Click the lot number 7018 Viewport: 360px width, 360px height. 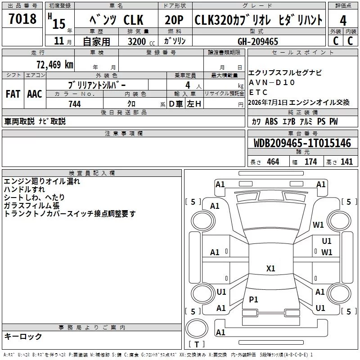(x=22, y=19)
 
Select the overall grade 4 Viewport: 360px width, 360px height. (x=343, y=21)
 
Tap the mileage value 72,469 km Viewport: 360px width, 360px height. (x=55, y=64)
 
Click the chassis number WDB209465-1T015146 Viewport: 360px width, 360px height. (x=302, y=143)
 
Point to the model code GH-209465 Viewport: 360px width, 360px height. (x=258, y=41)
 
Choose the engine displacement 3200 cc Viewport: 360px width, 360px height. (x=141, y=41)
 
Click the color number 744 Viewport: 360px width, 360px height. (x=75, y=104)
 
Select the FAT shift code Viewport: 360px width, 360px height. (x=13, y=94)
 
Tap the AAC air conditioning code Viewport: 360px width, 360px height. (x=35, y=94)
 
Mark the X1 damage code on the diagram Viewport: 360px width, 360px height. (x=271, y=268)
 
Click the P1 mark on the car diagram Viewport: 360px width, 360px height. (x=253, y=299)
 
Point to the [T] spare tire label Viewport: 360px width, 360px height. (x=197, y=344)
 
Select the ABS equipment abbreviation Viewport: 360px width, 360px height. (x=271, y=121)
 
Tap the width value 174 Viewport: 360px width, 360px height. (x=310, y=162)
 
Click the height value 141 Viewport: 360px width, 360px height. (x=346, y=162)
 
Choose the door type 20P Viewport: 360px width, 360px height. (x=174, y=20)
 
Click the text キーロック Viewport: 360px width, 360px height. (x=23, y=337)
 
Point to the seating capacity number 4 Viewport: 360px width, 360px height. (x=188, y=85)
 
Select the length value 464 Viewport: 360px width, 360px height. (x=273, y=162)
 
